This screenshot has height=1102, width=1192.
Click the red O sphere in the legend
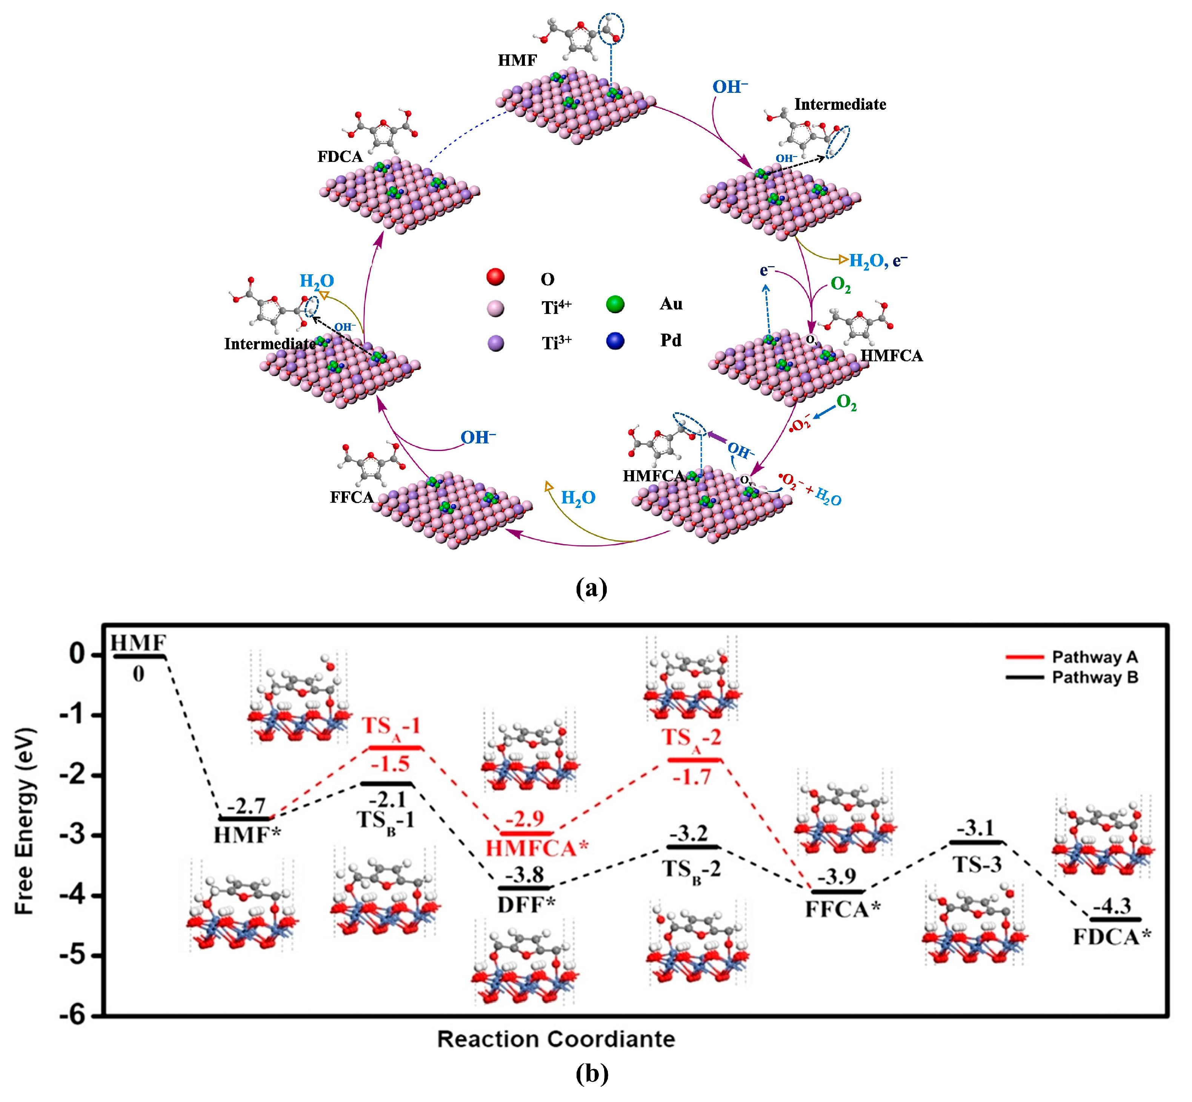495,277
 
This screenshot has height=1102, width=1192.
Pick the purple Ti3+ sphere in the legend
495,343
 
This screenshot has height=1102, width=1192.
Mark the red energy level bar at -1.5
395,747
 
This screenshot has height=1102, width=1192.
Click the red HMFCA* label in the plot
537,848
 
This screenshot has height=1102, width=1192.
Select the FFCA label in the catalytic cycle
351,497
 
